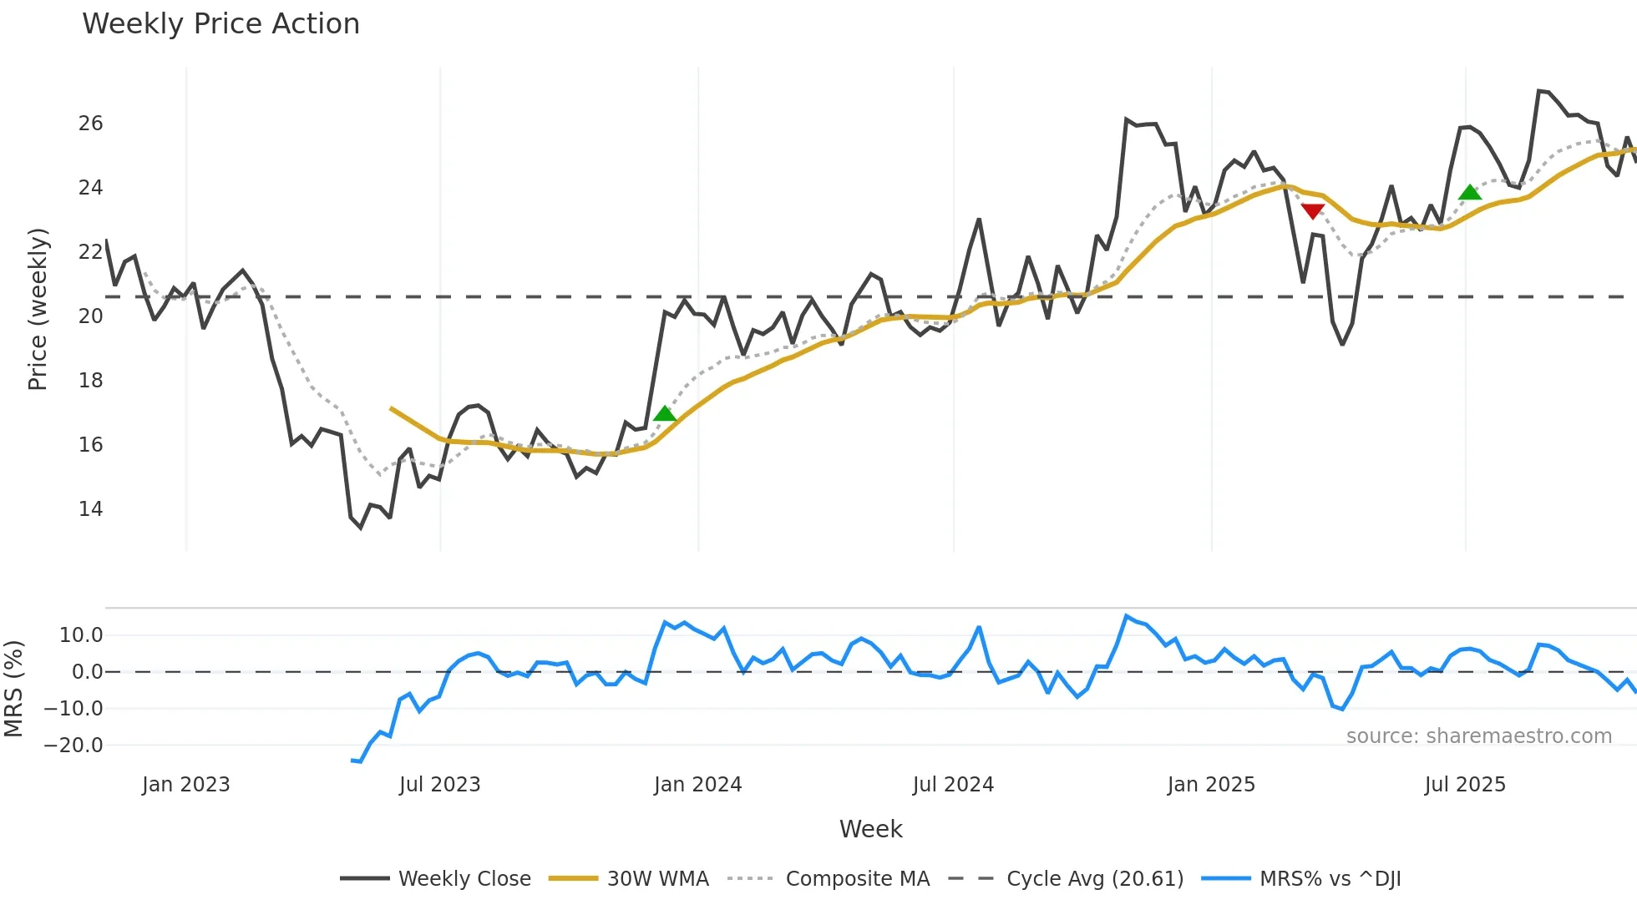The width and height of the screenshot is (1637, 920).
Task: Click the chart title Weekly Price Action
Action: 220,24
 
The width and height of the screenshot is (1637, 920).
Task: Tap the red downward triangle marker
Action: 1312,211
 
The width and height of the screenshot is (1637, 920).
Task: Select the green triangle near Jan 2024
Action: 665,413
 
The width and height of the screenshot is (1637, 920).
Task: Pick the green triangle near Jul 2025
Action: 1469,193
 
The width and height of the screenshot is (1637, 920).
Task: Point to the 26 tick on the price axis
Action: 90,124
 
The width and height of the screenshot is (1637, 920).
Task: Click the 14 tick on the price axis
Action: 90,509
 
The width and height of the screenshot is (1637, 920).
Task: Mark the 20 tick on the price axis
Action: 90,316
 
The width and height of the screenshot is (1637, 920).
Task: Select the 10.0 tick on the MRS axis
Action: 81,635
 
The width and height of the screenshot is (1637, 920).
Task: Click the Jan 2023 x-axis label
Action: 185,785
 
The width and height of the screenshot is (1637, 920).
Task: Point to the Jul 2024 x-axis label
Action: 953,785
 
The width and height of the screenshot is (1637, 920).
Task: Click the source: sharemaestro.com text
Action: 1478,736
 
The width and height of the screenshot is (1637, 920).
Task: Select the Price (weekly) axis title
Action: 38,309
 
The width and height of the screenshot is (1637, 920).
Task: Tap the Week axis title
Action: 870,829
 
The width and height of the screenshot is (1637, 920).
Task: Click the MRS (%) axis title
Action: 13,689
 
